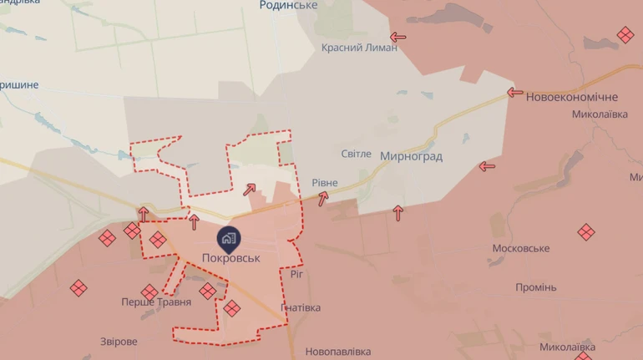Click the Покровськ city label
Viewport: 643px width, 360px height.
(230, 258)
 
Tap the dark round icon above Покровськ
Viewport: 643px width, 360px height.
(230, 238)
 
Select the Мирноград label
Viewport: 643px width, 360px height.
(411, 156)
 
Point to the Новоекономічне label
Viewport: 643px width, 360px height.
(572, 97)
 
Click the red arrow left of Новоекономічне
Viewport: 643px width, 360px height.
(514, 93)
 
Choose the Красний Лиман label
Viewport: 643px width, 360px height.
(359, 48)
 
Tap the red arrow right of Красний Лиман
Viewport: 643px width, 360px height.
(398, 37)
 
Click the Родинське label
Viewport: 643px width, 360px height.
(288, 6)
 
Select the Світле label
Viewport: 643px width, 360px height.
(357, 154)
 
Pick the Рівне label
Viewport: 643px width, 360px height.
(324, 182)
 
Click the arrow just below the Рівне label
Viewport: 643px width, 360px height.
(322, 198)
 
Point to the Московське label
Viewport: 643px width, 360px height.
(520, 249)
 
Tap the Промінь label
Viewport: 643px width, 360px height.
(535, 287)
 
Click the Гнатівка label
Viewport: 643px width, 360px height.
(301, 308)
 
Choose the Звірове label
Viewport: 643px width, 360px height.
(118, 342)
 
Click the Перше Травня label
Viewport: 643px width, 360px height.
(152, 302)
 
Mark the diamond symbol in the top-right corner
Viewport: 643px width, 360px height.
(625, 35)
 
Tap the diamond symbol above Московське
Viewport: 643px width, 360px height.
(586, 232)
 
